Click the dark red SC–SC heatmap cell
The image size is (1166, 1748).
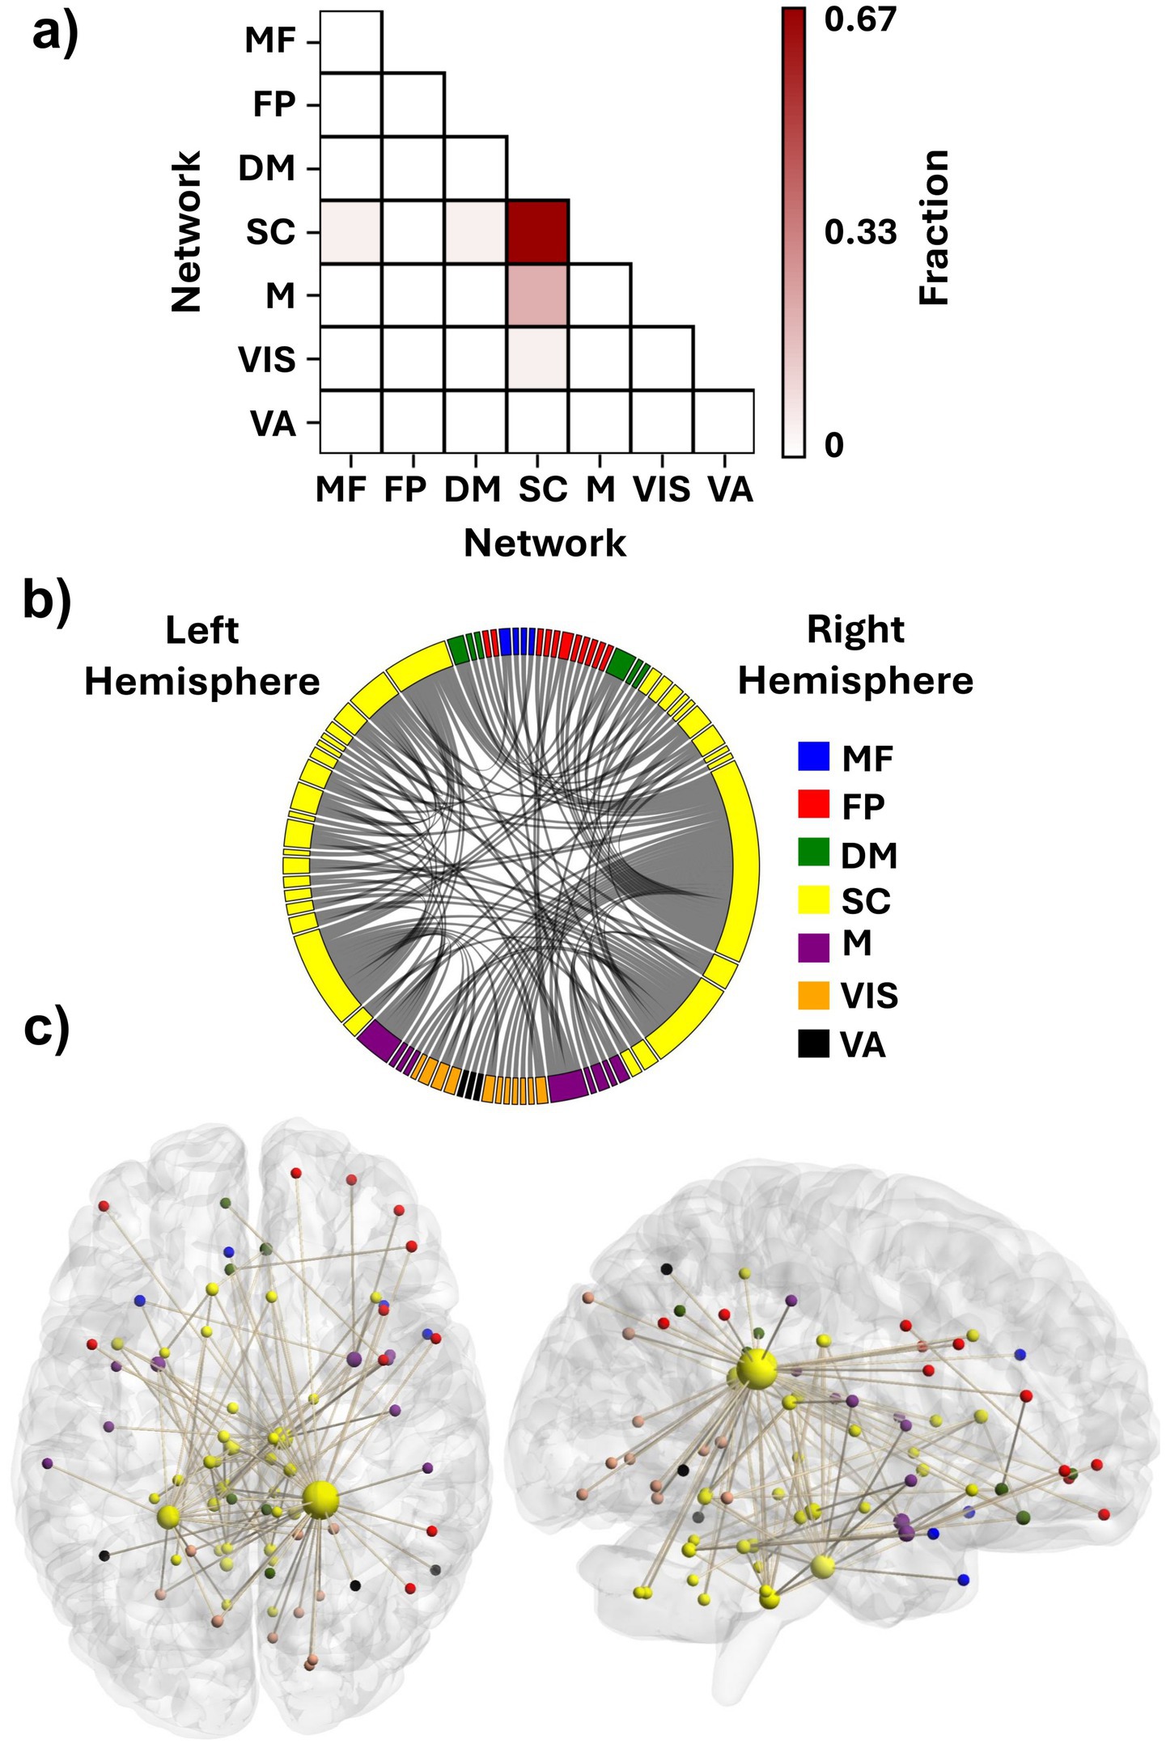538,231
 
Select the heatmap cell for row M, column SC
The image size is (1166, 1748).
538,294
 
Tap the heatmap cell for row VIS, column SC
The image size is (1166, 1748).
538,358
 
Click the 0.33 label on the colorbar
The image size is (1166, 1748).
860,232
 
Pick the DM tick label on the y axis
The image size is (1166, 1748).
267,168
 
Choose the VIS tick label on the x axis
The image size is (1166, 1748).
662,489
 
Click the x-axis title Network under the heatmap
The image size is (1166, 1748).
545,543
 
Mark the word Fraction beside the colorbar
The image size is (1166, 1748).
935,227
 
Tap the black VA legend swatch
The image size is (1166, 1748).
813,1044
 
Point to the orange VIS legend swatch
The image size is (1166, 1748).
813,996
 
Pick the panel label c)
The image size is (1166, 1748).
47,1027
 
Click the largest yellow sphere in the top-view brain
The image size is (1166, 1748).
321,1499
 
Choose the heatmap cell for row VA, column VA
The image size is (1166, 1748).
723,421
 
